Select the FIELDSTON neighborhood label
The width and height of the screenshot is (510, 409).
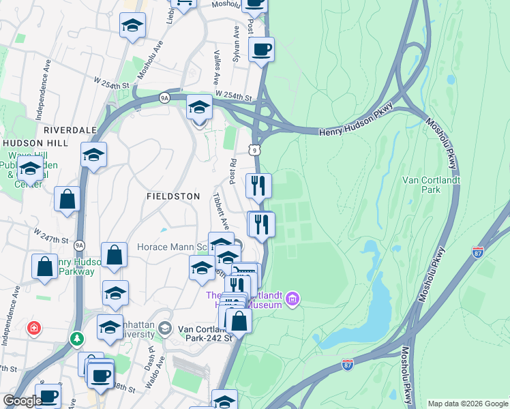173,196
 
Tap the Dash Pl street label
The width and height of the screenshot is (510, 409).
151,355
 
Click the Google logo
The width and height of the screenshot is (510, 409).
22,401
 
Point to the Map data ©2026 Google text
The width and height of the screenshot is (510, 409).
468,404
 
